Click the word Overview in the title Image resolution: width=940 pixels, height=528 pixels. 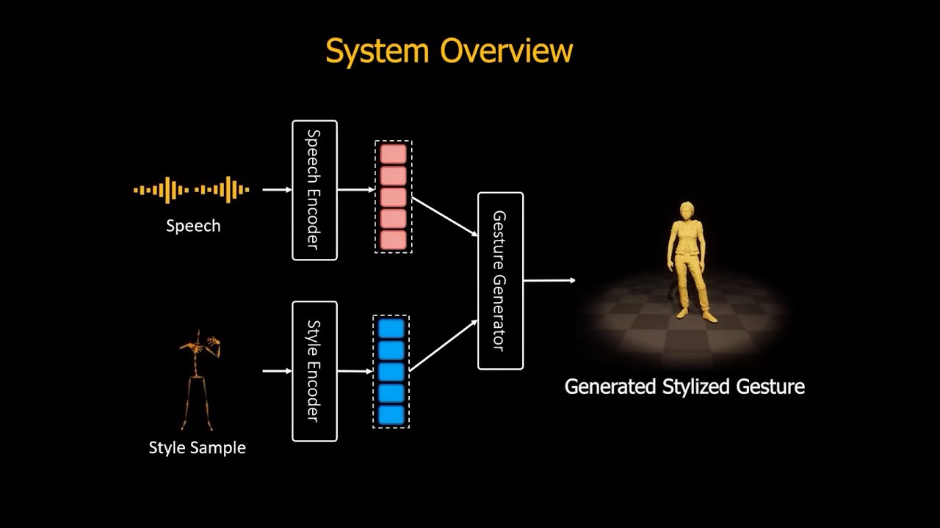[x=506, y=51]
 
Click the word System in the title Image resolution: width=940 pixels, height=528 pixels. [x=377, y=51]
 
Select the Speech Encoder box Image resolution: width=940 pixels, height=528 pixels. [x=314, y=190]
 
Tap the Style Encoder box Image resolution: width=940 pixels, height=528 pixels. [x=314, y=371]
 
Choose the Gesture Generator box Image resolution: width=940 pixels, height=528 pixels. [x=500, y=281]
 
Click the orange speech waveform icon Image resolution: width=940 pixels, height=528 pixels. [x=192, y=190]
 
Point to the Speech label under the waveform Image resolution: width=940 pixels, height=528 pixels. [x=193, y=226]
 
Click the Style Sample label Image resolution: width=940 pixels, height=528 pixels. [x=197, y=447]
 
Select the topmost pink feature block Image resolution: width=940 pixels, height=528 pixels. [x=393, y=154]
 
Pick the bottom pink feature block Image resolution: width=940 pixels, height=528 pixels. [x=393, y=240]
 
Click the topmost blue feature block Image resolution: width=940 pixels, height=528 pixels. [x=391, y=329]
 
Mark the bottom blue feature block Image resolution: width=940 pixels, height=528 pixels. [x=391, y=415]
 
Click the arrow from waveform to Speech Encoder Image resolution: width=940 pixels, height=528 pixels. [x=277, y=190]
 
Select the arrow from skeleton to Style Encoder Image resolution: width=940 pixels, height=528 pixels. [x=277, y=371]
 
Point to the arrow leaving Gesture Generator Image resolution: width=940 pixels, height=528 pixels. [x=549, y=280]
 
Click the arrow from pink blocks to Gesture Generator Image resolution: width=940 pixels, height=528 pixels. [x=444, y=216]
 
